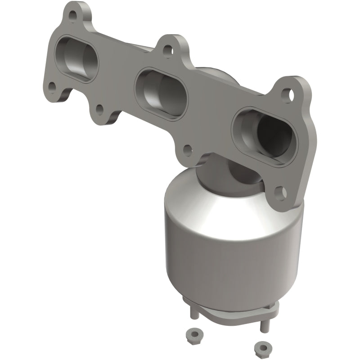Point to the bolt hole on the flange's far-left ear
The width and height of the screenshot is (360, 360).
point(53,85)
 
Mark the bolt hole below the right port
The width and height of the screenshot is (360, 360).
point(282,192)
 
